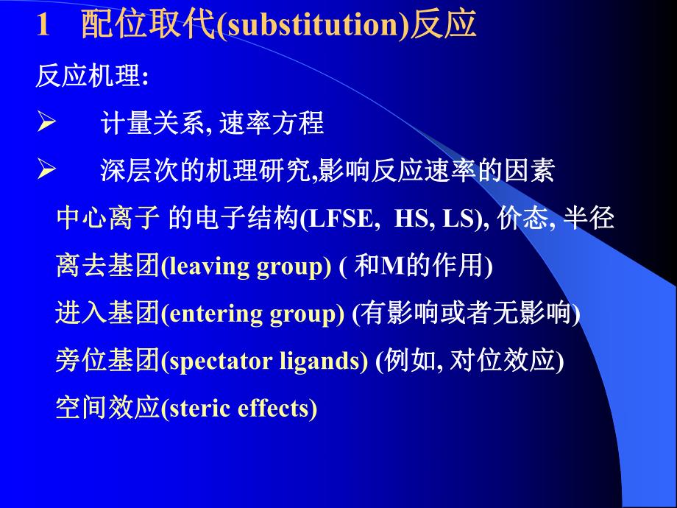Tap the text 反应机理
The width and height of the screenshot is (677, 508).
coord(87,77)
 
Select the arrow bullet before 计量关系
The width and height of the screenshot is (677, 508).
coord(46,124)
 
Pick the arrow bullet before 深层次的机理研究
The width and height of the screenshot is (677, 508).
coord(46,172)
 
